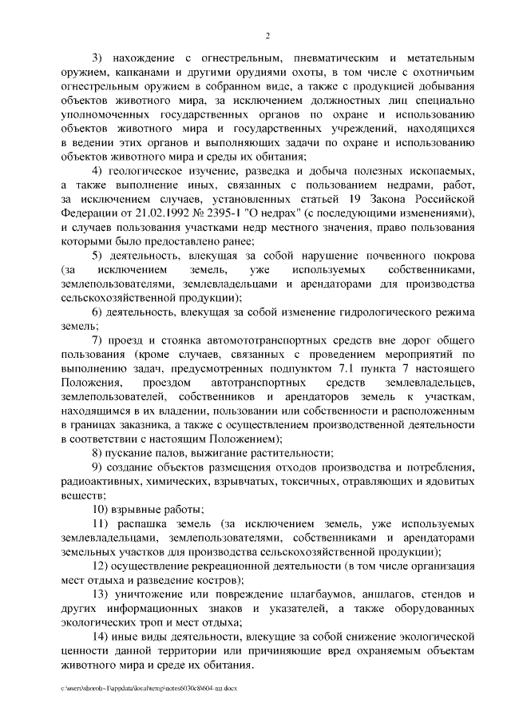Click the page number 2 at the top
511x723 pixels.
pyautogui.click(x=268, y=36)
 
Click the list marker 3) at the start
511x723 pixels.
pyautogui.click(x=98, y=59)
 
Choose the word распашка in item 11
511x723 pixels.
pyautogui.click(x=143, y=523)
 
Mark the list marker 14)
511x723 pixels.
pyautogui.click(x=101, y=638)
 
